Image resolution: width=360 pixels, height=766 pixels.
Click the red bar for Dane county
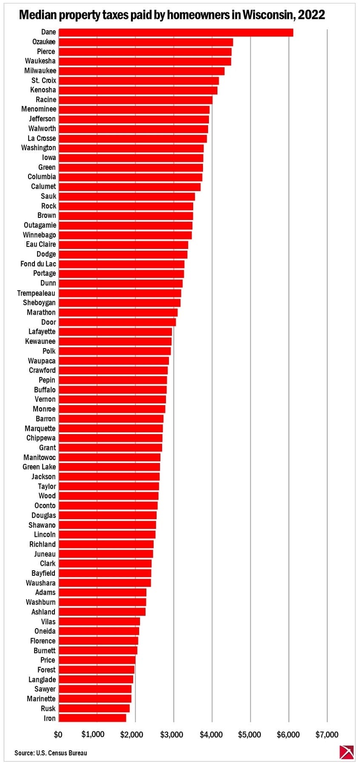pos(176,32)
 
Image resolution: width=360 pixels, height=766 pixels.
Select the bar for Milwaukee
pos(141,71)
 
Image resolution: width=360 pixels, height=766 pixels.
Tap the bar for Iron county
pos(92,718)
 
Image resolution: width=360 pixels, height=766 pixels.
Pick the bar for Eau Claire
pos(123,245)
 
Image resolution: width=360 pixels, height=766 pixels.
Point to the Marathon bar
pos(118,312)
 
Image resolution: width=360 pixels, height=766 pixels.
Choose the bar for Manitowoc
pos(109,457)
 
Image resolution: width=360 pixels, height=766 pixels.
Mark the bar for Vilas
pos(99,621)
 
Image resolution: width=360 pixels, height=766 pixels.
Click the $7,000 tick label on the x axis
pos(327,735)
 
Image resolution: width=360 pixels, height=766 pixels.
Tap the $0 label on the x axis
pos(58,735)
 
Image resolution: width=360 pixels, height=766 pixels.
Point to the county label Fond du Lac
pos(38,264)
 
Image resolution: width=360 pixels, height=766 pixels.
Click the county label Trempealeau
pos(36,293)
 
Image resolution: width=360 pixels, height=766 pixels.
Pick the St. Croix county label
pos(44,80)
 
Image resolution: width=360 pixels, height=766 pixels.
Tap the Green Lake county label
pos(39,467)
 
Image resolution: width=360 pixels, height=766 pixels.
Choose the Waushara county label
pos(40,583)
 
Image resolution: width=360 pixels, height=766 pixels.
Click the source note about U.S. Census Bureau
pos(51,753)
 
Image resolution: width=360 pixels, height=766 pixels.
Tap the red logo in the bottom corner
pos(346,752)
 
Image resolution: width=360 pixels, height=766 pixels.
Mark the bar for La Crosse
pos(133,138)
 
